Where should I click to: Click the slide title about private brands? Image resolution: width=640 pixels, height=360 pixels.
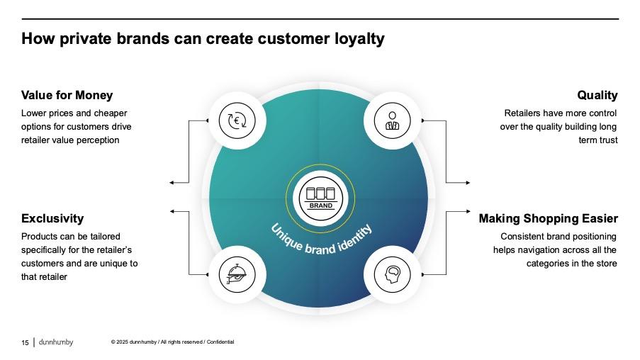203,39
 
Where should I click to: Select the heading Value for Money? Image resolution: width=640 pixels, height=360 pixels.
67,95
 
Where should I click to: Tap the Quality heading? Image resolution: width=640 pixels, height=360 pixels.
597,95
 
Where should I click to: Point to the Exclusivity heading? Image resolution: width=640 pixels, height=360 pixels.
52,218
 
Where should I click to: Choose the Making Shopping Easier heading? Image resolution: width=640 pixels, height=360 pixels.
548,218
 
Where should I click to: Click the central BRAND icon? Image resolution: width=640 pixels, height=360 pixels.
320,196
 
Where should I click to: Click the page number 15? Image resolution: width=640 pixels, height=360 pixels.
25,343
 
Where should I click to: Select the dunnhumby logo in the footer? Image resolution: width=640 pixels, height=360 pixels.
55,342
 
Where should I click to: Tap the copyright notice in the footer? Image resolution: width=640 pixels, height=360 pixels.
172,343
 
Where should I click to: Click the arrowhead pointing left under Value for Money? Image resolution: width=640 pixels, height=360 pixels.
172,183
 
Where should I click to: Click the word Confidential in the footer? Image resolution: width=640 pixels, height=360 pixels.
220,343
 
